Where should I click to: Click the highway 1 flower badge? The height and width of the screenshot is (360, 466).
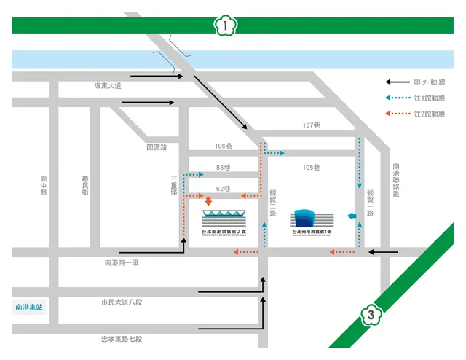point(226,26)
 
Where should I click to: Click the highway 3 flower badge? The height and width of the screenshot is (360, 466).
point(371,316)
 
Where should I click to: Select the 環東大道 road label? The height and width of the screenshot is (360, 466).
point(108,86)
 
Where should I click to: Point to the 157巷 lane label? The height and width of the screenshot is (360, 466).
point(312,125)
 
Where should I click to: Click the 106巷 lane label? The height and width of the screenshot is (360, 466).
point(224,146)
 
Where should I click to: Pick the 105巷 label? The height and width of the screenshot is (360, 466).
point(312,168)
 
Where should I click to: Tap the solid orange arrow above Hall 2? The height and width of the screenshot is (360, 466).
point(208,200)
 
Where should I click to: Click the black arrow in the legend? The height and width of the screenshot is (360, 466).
point(397,82)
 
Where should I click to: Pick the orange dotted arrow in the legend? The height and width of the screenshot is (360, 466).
point(397,114)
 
